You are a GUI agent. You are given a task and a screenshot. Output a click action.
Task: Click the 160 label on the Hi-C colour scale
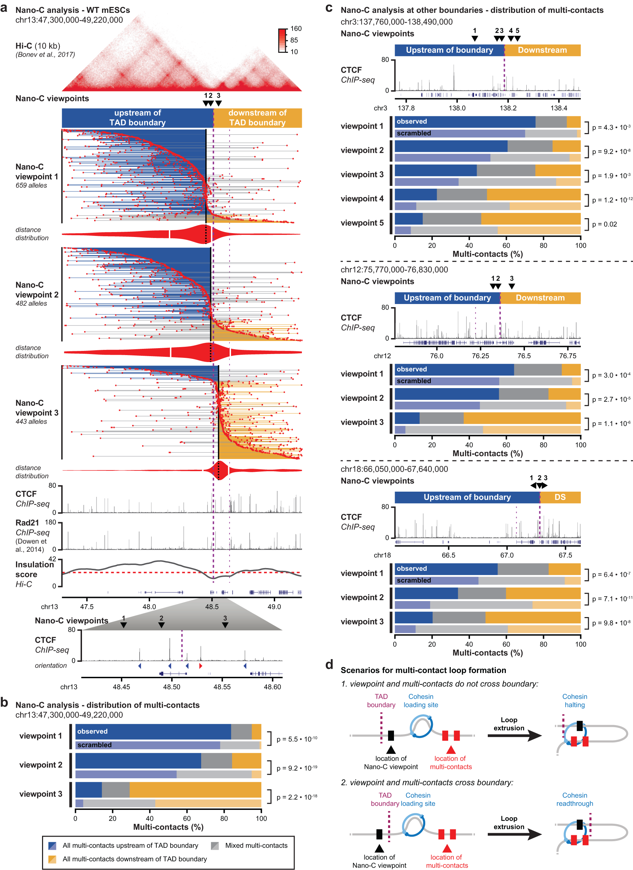pos(296,28)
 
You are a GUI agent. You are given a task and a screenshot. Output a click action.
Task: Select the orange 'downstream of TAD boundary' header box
pos(257,118)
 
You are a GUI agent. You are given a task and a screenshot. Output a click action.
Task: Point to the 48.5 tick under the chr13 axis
pos(212,607)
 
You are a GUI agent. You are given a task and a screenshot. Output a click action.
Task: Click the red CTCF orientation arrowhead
pos(200,666)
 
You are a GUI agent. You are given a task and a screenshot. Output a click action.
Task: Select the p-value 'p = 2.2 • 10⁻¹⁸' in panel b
pos(297,797)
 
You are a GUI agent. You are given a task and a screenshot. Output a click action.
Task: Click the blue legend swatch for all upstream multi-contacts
pos(52,845)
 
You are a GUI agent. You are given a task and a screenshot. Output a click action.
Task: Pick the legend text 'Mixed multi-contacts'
pos(256,845)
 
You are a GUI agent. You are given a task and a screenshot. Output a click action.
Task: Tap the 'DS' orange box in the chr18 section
pos(560,497)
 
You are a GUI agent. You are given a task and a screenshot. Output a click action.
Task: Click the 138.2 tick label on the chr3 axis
pos(508,108)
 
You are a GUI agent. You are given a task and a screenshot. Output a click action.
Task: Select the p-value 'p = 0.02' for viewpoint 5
pos(604,224)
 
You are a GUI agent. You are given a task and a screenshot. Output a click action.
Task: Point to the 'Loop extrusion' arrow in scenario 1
pos(514,735)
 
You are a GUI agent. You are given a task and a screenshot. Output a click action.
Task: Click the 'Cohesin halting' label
pos(574,700)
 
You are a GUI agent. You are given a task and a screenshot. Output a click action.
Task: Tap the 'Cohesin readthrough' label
pos(574,799)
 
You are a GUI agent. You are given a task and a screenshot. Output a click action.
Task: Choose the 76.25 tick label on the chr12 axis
pos(480,356)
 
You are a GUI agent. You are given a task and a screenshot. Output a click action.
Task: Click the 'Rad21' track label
pos(27,523)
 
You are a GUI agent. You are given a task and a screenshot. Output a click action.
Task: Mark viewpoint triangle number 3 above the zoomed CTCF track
pos(225,625)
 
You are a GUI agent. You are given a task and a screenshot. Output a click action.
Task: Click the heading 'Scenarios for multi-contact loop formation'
pos(423,670)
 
